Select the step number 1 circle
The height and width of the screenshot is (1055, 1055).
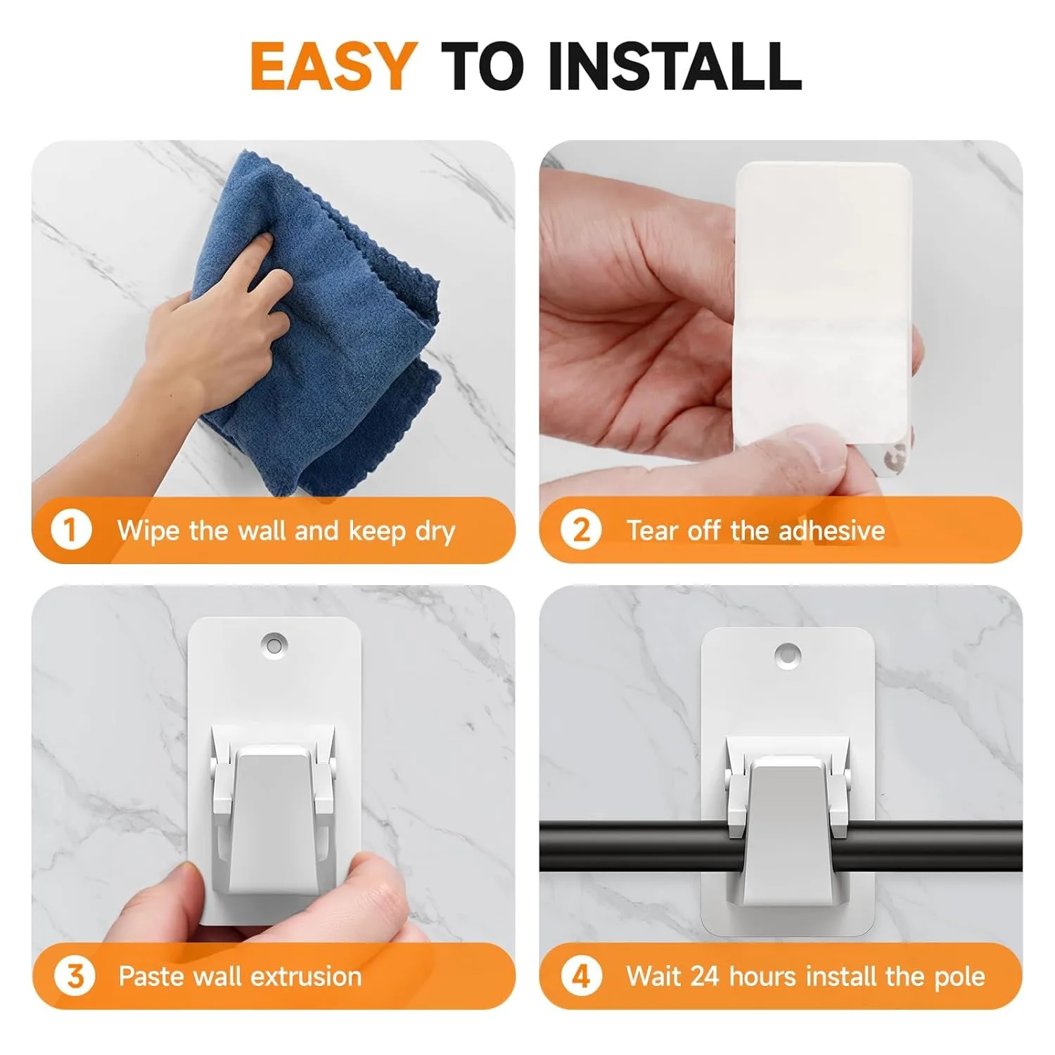[x=71, y=530]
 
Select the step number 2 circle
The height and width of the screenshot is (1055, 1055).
[x=580, y=530]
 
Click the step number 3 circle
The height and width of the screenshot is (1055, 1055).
[x=75, y=976]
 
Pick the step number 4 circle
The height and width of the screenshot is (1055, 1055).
[x=581, y=976]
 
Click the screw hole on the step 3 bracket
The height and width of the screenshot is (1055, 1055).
[x=274, y=644]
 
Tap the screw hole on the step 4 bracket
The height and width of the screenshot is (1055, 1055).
[x=788, y=656]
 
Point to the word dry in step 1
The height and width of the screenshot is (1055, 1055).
[x=435, y=531]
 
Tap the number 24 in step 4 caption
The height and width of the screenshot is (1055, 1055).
[x=705, y=976]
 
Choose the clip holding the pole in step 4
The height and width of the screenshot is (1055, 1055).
[x=788, y=830]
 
